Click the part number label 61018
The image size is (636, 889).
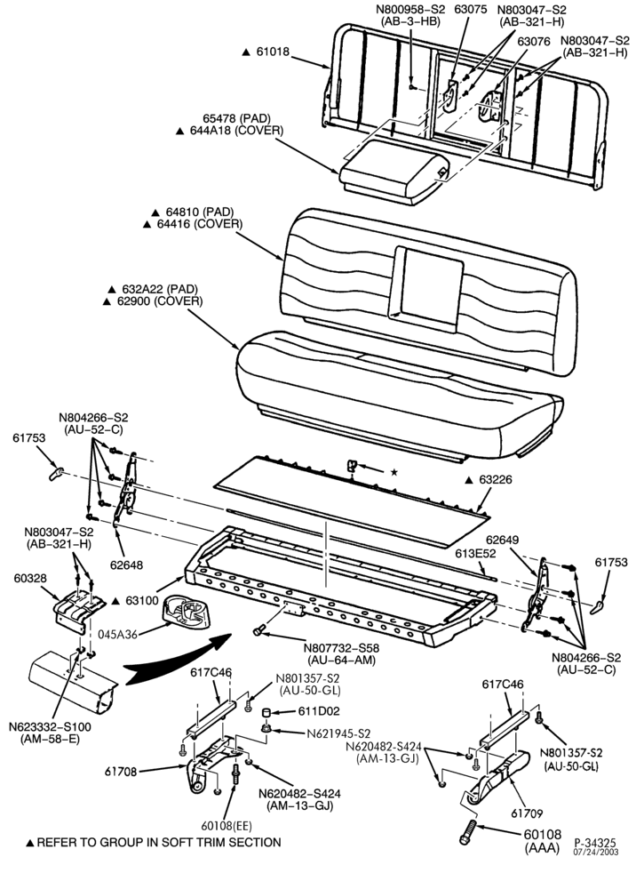point(273,52)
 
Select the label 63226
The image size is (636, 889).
point(496,480)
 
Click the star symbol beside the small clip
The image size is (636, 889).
point(394,472)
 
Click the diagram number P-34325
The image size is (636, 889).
point(595,843)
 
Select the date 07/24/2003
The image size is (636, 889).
point(596,852)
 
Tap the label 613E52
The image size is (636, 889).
point(476,553)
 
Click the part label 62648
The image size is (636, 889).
point(126,565)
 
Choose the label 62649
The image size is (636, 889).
point(503,540)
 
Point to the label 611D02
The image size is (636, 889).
point(320,711)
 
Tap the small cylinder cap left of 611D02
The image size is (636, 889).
point(266,711)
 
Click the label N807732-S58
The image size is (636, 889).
point(341,648)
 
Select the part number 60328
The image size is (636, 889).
point(30,579)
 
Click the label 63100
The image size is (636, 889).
point(141,600)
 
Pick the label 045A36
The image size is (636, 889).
point(117,634)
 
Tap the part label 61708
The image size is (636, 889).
point(121,771)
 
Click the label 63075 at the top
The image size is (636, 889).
point(471,10)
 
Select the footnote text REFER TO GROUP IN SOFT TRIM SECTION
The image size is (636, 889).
point(159,843)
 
